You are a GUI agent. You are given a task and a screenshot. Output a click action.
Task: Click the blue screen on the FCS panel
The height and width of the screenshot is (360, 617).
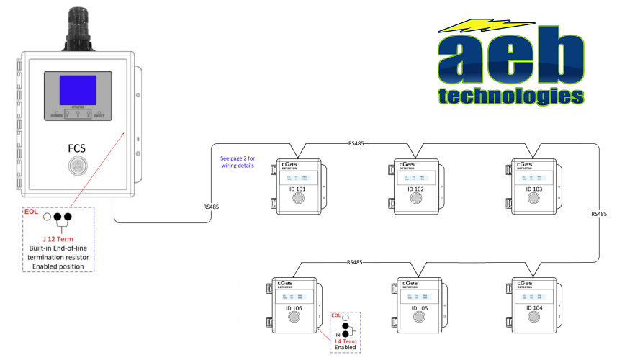point(78,91)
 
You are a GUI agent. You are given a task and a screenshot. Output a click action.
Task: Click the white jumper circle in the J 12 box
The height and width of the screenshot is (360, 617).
point(47,217)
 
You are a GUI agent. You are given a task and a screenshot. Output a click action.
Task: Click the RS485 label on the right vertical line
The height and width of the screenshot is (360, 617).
point(599,214)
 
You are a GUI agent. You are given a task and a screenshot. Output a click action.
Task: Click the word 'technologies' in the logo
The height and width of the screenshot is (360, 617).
point(512,95)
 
